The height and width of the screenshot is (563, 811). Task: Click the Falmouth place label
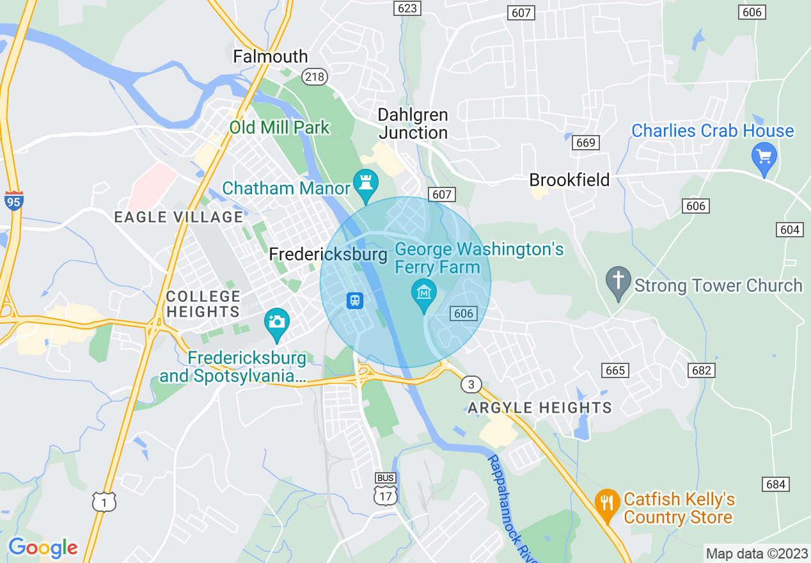(270, 56)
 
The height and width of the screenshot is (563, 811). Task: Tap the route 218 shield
(315, 77)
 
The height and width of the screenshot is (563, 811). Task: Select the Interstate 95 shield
(13, 201)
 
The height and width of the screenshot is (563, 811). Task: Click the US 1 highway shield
(104, 502)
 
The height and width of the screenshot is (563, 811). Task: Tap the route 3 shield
(471, 384)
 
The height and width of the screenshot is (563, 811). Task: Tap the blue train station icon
(354, 300)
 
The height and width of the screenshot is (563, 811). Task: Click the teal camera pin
(277, 321)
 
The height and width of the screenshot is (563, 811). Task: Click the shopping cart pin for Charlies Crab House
(764, 155)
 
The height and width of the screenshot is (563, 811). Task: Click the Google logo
(43, 548)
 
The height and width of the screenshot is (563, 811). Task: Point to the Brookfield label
(569, 180)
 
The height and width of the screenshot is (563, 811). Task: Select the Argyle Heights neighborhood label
(540, 408)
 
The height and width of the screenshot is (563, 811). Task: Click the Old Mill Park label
(280, 127)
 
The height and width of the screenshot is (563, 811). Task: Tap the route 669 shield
(585, 143)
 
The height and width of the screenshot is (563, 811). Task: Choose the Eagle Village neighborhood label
(178, 217)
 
